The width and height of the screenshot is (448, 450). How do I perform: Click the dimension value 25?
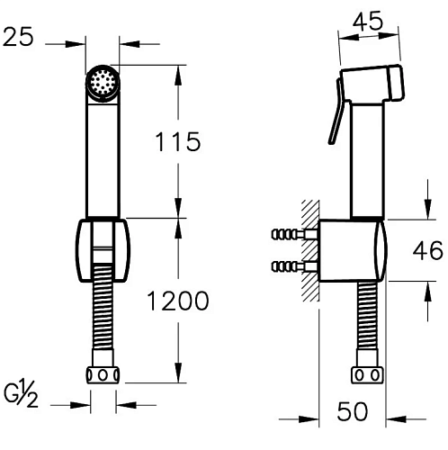18,37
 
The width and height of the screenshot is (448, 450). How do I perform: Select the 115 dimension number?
177,141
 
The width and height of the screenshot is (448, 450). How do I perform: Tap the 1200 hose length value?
178,301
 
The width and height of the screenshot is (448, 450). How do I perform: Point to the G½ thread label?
21,393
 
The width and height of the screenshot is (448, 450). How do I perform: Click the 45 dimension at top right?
368,21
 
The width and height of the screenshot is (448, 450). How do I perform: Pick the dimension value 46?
427,250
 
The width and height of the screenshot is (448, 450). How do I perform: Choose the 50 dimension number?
352,411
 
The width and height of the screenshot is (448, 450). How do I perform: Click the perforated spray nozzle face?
103,82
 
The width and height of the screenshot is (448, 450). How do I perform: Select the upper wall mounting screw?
293,234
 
